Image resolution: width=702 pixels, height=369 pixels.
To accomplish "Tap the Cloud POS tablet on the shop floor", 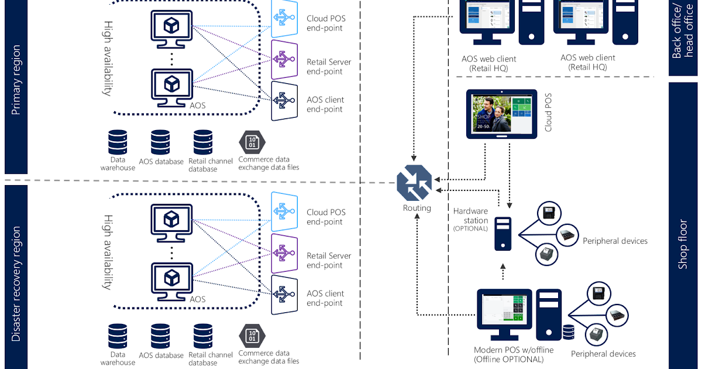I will tap(501, 114).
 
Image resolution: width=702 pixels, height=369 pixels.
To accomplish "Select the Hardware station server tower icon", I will tap(503, 233).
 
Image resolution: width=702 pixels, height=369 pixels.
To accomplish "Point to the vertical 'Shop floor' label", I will tap(683, 244).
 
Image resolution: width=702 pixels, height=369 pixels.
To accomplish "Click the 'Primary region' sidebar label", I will tap(16, 80).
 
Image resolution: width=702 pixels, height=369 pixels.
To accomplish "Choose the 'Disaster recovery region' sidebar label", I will tap(16, 283).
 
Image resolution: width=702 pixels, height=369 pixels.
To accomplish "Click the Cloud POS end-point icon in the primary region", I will tap(285, 19).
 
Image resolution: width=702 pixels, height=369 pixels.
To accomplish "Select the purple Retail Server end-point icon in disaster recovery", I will tap(285, 252).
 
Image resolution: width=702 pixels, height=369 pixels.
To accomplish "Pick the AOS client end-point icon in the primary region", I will tap(285, 100).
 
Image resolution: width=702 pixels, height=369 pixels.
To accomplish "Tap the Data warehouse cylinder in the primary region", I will tap(118, 142).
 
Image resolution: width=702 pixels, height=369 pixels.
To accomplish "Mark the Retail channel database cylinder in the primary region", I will tap(203, 142).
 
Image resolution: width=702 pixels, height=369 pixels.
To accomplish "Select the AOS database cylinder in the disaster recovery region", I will tap(160, 336).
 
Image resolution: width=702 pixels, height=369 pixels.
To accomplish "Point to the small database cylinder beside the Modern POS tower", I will tap(567, 333).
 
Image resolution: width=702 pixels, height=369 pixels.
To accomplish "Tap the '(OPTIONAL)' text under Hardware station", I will tap(470, 228).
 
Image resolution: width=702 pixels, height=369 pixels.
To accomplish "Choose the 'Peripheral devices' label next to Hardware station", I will tap(615, 241).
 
